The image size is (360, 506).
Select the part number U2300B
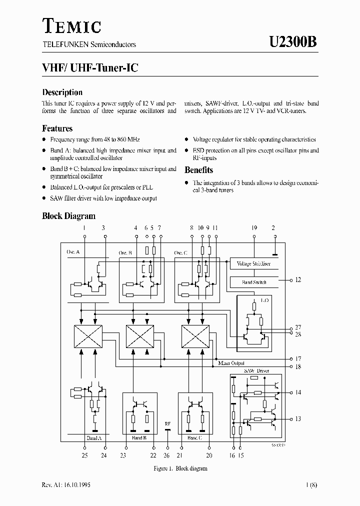point(292,42)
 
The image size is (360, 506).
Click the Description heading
point(62,92)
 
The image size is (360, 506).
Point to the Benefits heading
point(198,170)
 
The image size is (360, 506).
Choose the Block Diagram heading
point(68,216)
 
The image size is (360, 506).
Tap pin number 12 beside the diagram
point(298,280)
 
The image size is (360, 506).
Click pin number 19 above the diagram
point(254,228)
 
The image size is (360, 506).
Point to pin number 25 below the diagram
point(84,455)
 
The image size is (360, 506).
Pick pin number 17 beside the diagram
point(298,358)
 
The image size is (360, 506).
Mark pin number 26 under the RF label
point(167,455)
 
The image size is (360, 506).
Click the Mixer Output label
point(231,363)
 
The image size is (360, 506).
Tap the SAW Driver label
point(256,371)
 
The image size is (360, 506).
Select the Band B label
point(139,437)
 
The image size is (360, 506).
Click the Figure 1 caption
point(180,468)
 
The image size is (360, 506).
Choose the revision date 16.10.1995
point(76,485)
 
